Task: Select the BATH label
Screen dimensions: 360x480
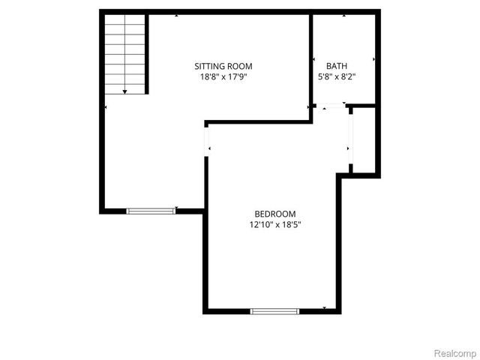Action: pos(336,65)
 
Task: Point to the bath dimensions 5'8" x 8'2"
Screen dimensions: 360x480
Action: pos(336,76)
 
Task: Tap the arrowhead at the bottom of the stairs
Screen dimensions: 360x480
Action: pos(124,91)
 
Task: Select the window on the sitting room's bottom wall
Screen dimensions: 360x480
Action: pos(151,211)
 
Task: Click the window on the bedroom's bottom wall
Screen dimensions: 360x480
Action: pos(274,310)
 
